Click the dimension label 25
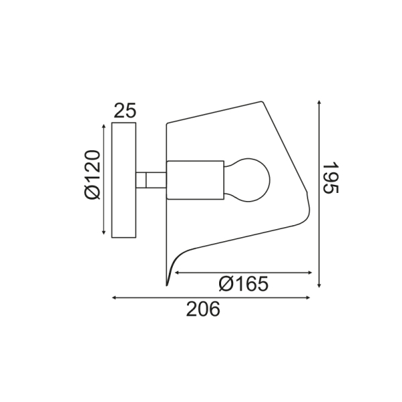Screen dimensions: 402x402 [x=124, y=111]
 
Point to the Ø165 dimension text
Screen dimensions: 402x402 [x=243, y=284]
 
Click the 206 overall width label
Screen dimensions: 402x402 [x=202, y=309]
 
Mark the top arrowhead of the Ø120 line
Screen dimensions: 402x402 [x=103, y=125]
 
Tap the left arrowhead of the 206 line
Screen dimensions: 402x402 [x=115, y=297]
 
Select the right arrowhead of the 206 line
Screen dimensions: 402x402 [x=310, y=297]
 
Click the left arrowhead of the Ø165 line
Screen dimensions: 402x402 [x=176, y=273]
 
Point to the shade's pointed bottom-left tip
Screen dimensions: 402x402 [x=166, y=284]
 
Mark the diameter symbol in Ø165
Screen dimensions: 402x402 [x=226, y=284]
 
